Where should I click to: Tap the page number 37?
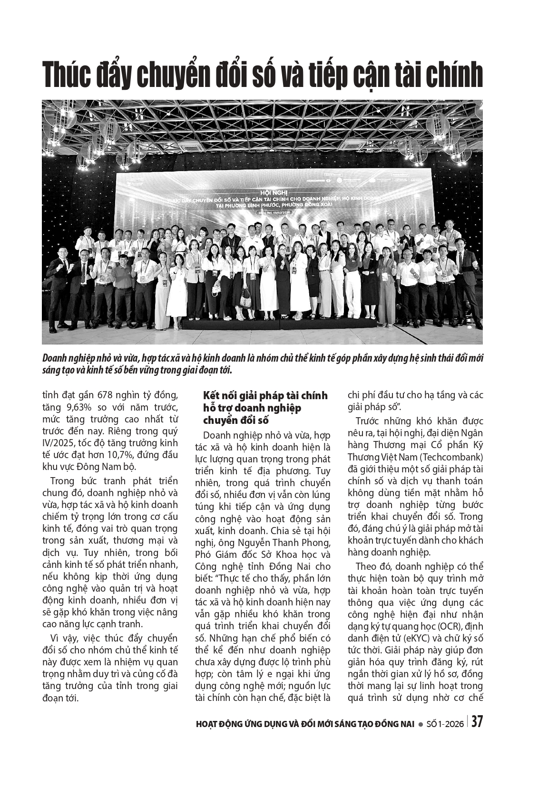click(x=477, y=722)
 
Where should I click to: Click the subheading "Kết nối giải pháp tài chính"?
click(x=265, y=396)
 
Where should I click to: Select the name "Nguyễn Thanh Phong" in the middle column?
click(x=278, y=542)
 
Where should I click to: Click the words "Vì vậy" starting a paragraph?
click(x=64, y=638)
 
